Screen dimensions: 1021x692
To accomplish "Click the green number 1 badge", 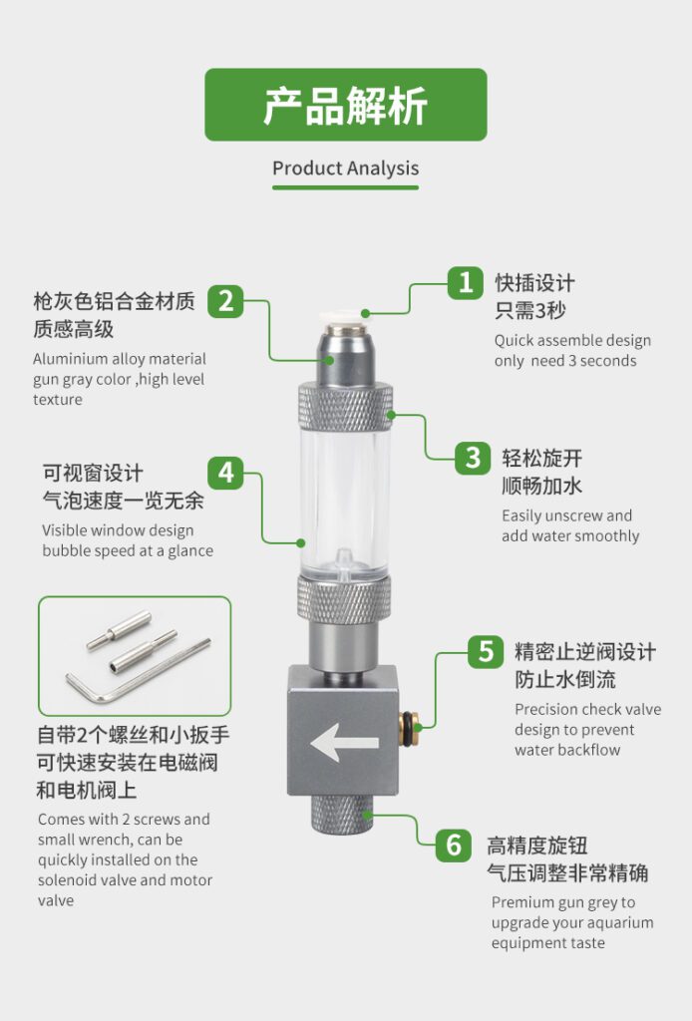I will (x=465, y=283).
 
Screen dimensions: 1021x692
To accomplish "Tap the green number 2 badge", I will (x=225, y=301).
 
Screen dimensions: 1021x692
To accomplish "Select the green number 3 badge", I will (x=473, y=458).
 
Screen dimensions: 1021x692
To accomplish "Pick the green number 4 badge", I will (x=226, y=472).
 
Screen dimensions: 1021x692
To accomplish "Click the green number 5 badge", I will (x=486, y=651).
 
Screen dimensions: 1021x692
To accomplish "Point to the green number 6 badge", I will (x=454, y=846).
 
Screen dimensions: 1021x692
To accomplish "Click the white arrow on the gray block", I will (x=344, y=743).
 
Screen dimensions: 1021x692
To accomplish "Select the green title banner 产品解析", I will (x=346, y=105).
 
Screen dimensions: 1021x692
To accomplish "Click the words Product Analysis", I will (x=346, y=169).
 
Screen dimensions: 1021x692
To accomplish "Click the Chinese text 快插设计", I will (x=535, y=283).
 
